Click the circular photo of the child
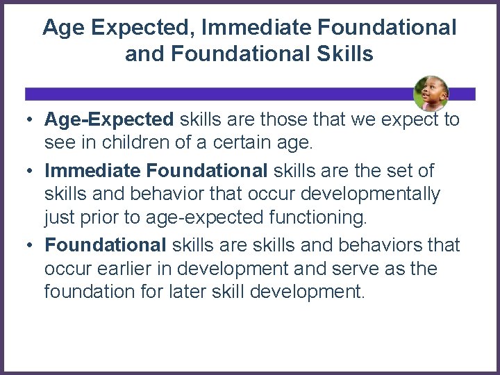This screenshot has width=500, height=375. [431, 94]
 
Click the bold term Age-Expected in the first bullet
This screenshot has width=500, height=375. [109, 119]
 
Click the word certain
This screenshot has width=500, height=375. [242, 144]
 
